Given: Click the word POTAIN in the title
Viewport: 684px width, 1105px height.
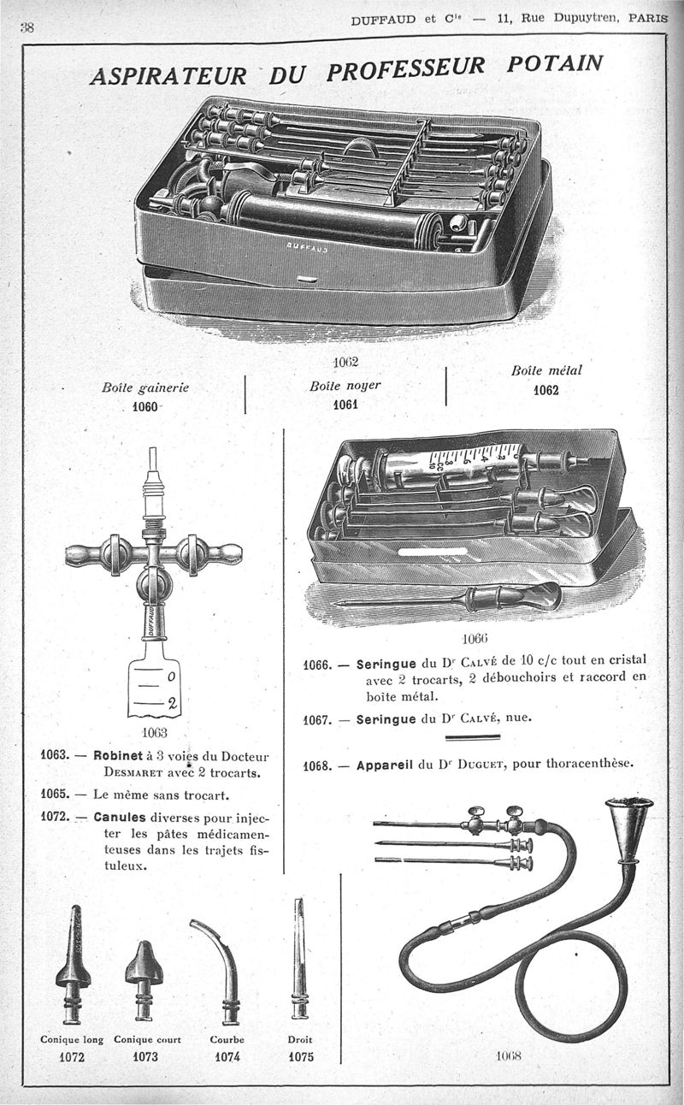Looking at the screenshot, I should click(554, 66).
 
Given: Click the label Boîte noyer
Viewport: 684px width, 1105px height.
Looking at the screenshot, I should click(345, 386).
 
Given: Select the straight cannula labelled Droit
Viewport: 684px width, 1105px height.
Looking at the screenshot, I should click(299, 958).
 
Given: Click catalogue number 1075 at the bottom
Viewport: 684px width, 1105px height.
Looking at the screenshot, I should click(300, 1057).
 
